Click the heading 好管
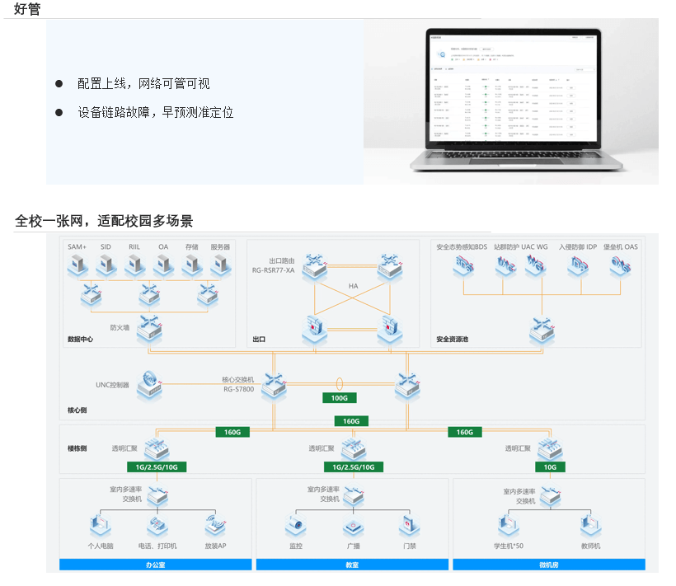coord(27,9)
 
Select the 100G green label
coord(339,398)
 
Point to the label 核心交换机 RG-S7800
coord(239,385)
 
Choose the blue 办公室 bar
coord(155,565)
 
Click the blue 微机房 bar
coord(549,565)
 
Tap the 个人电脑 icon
coord(101,525)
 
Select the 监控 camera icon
coord(296,525)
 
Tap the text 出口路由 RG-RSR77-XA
coord(273,265)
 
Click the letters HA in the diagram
coord(353,286)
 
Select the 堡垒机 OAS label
coord(620,246)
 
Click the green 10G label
coord(550,467)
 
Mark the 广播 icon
coord(353,525)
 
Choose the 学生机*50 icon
coord(507,525)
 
